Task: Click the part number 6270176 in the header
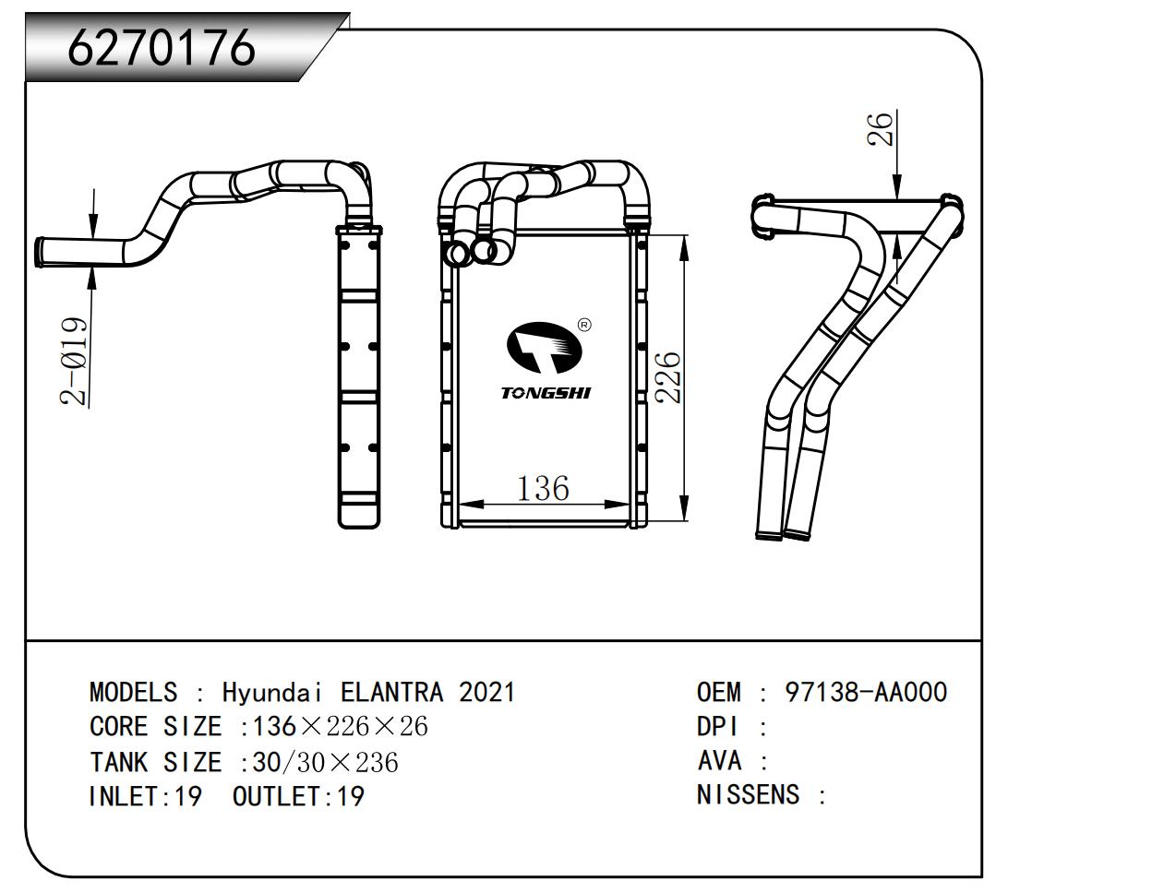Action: coord(161,46)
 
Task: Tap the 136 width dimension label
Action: coord(542,487)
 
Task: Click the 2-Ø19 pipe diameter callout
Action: coord(75,362)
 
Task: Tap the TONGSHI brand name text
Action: coord(546,393)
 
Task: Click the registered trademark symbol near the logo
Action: coord(584,325)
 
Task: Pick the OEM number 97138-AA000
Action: coord(865,692)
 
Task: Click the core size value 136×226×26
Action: coord(341,727)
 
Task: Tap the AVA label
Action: coord(719,761)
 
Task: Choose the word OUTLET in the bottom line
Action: coord(276,796)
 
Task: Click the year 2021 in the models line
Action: coord(487,692)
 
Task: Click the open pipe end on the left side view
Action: coord(41,252)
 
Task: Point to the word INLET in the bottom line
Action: coord(125,796)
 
